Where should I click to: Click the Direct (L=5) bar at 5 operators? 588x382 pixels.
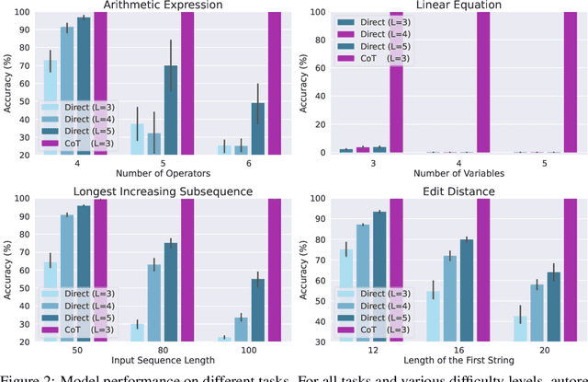[171, 110]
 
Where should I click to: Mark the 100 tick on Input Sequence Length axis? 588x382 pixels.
[236, 352]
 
